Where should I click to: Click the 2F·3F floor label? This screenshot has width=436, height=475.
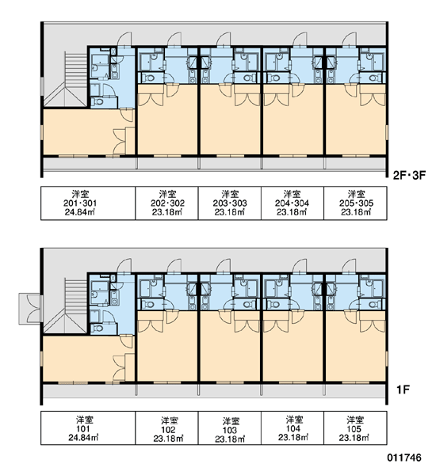pyautogui.click(x=409, y=176)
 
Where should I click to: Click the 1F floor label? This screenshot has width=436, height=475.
pyautogui.click(x=403, y=389)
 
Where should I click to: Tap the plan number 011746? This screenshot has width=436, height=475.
pyautogui.click(x=404, y=458)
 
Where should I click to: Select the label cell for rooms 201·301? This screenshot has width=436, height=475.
pyautogui.click(x=88, y=203)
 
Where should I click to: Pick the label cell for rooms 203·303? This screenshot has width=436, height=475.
pyautogui.click(x=230, y=203)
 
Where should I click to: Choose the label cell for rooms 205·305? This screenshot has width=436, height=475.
pyautogui.click(x=355, y=203)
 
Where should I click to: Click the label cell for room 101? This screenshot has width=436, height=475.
pyautogui.click(x=88, y=428)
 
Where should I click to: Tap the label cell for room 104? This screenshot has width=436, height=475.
pyautogui.click(x=293, y=428)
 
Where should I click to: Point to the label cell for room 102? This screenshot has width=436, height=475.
pyautogui.click(x=167, y=428)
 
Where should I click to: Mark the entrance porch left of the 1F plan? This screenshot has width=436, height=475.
pyautogui.click(x=29, y=309)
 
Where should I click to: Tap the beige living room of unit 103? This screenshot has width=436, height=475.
pyautogui.click(x=230, y=348)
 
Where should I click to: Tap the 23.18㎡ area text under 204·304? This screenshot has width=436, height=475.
pyautogui.click(x=292, y=212)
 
